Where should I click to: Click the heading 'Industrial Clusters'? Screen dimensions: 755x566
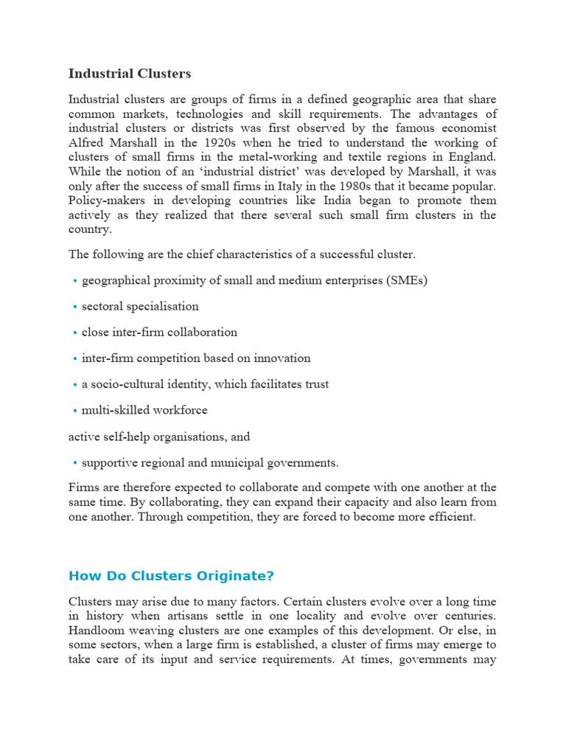pos(129,74)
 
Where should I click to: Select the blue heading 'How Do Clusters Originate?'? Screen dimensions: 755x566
pos(170,576)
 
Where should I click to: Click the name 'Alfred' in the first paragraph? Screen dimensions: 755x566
pos(86,143)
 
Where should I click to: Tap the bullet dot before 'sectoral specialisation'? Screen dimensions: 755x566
pos(75,307)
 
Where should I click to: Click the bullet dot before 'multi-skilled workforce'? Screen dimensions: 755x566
pos(75,411)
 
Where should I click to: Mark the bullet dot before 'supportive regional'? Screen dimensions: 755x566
pos(75,464)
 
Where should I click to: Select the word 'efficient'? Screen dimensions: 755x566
pos(451,517)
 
